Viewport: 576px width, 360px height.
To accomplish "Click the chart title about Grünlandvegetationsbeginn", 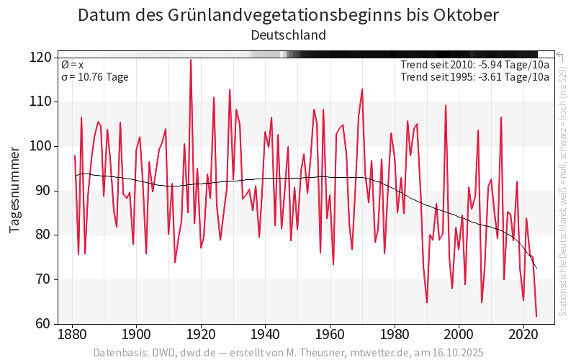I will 288,15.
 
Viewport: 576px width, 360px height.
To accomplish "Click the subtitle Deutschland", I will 288,35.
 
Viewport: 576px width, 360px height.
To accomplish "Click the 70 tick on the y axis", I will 43,279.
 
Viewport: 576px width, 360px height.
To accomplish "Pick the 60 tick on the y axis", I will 43,324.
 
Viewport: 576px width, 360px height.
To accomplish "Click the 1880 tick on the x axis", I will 71,335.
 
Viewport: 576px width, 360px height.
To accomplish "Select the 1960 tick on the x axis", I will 330,335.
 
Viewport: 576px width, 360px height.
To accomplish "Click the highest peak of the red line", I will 191,60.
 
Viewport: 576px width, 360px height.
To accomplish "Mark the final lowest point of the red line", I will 536,316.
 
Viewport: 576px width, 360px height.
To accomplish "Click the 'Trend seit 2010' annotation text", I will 474,65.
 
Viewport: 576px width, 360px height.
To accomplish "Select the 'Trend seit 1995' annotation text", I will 474,77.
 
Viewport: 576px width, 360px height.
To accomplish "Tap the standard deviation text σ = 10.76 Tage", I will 95,77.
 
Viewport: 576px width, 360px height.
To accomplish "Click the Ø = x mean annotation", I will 72,65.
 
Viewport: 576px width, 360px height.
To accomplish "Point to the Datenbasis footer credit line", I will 288,353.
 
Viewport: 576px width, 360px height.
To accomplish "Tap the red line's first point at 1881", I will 75,156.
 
